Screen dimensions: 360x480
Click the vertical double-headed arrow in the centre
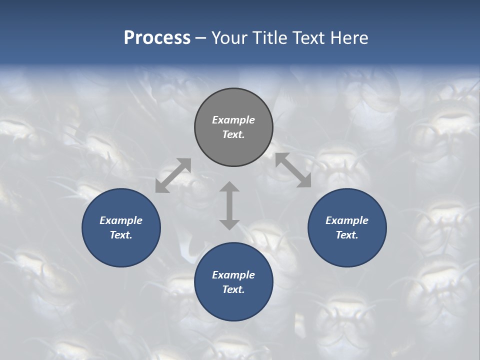(x=229, y=205)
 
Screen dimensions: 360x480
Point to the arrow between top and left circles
(x=173, y=175)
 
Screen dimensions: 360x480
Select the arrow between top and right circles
(x=293, y=170)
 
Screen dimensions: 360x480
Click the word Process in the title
(x=157, y=37)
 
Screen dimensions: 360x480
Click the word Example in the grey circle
(x=233, y=120)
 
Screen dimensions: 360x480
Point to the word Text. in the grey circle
(x=233, y=134)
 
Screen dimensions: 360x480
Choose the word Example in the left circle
(x=121, y=220)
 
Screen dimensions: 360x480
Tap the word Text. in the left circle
(x=121, y=235)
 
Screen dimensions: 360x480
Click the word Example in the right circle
(x=347, y=220)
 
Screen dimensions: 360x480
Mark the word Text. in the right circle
(x=347, y=235)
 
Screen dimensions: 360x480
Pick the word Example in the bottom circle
(x=233, y=275)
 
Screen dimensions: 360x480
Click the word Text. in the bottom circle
(x=233, y=289)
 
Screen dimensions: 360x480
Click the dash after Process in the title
(x=201, y=38)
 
